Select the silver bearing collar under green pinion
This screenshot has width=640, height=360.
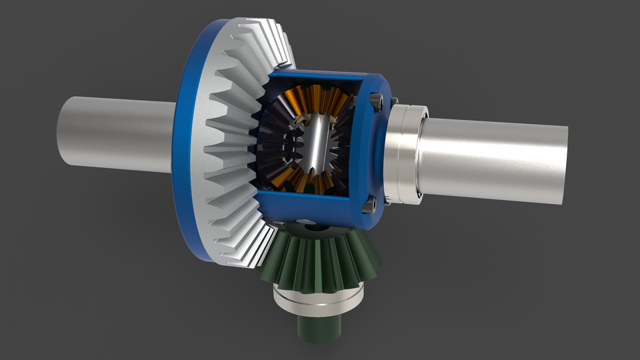tap(320, 300)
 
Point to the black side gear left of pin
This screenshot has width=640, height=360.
tap(277, 143)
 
